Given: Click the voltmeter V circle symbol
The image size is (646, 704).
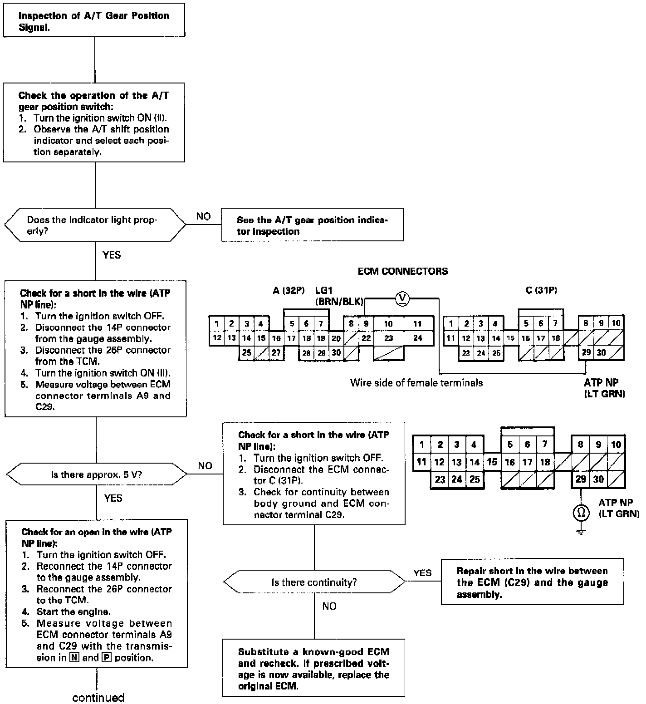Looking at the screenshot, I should tap(402, 298).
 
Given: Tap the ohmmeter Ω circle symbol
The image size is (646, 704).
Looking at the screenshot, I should tap(581, 513).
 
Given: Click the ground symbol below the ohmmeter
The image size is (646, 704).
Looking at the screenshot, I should tap(581, 531).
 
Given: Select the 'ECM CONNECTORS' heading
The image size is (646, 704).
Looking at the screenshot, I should tap(402, 271).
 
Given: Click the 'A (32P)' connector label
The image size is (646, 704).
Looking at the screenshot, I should tap(289, 290).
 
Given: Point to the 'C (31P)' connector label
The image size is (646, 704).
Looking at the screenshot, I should tap(541, 290).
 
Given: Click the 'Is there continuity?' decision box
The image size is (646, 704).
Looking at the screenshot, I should tap(314, 582).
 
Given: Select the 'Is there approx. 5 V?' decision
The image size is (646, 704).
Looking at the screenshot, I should tap(96, 475).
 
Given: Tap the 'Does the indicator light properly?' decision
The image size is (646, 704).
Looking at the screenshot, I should tap(95, 225).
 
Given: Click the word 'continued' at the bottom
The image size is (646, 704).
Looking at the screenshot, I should tap(98, 697).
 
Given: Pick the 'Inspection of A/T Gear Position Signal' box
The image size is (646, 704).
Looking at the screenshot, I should tap(94, 21).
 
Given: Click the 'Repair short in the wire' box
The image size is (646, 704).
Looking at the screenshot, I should tap(532, 582).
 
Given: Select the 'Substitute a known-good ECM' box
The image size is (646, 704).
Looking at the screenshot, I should tap(313, 669).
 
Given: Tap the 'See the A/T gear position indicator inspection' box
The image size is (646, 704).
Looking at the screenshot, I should tap(312, 225).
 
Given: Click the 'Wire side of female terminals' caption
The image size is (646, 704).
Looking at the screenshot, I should tap(416, 383).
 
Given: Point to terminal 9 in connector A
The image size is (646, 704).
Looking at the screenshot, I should tap(366, 324).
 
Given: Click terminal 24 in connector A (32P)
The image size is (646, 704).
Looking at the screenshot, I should tap(417, 338).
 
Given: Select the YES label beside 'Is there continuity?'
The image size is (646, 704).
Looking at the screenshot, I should tap(422, 573).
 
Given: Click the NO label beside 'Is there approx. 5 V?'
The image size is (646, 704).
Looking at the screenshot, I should tap(205, 466).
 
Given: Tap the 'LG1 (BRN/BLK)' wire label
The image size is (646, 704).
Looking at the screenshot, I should tap(338, 296).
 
